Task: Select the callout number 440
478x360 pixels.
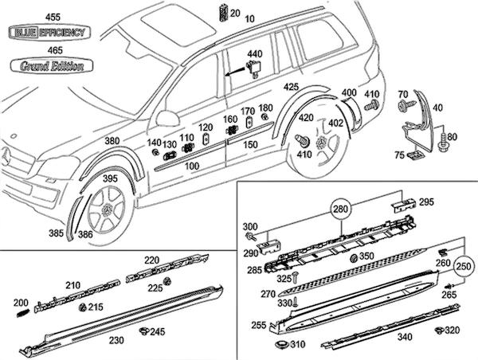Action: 254,53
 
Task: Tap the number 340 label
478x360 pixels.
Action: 382,336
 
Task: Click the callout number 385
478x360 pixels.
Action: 55,234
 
